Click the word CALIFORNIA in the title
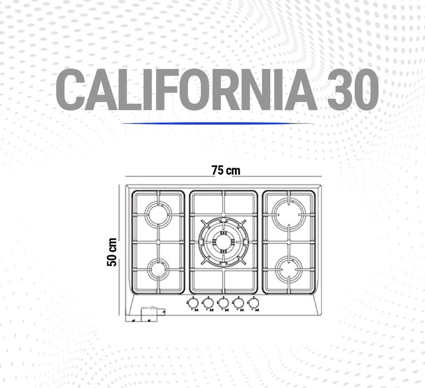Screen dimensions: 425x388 (186, 89)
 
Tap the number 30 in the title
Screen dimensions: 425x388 (353, 89)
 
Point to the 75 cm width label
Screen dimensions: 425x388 (226, 171)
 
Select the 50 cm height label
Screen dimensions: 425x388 (112, 252)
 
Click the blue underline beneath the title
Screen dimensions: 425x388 (218, 123)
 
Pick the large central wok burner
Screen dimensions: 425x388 (223, 242)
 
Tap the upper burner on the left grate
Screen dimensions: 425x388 (158, 215)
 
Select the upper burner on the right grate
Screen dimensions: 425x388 (289, 215)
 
